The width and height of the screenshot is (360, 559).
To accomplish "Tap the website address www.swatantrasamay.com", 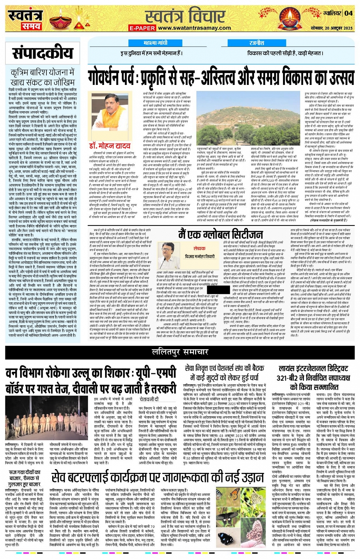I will (x=194, y=28).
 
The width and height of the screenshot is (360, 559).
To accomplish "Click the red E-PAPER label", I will (x=142, y=28).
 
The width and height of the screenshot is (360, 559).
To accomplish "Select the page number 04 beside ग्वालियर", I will (x=349, y=13).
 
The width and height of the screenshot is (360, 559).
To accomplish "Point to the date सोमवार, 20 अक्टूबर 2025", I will (x=332, y=28).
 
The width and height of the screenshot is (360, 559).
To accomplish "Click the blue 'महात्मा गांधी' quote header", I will (x=155, y=43).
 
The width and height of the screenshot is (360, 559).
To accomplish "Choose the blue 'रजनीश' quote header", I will (x=257, y=43).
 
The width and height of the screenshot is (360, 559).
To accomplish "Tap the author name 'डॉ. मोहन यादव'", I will (x=110, y=146).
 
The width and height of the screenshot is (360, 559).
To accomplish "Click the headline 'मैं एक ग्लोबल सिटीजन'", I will (x=221, y=234).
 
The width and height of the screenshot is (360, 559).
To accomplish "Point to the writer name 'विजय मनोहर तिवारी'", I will (x=200, y=257).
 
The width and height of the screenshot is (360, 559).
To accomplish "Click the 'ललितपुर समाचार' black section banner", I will (x=180, y=351).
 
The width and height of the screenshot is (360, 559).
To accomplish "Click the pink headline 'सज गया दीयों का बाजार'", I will (x=25, y=478).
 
